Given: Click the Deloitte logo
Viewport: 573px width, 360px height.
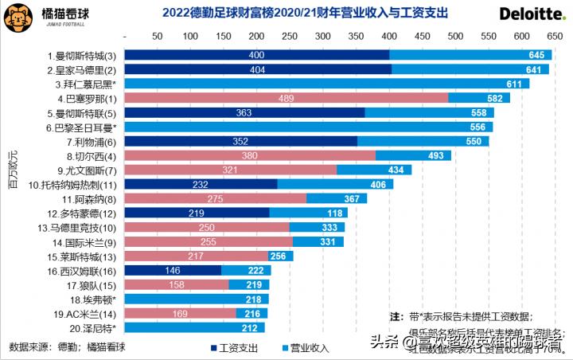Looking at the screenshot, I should (x=531, y=14).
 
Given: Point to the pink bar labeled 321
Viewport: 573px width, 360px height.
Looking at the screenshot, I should (x=231, y=170).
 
